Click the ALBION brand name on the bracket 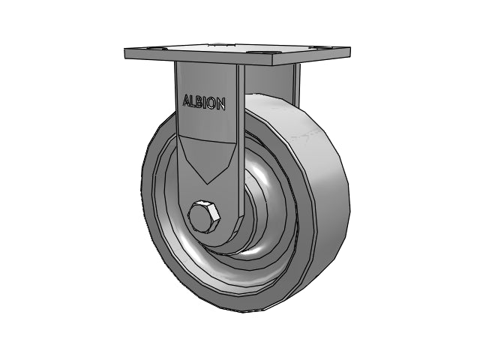point(204,102)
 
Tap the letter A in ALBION point(187,100)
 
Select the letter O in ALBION point(213,103)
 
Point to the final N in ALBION point(222,104)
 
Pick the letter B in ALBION point(199,102)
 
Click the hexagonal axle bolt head point(204,217)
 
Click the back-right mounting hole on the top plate point(313,47)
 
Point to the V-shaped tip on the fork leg point(208,183)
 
